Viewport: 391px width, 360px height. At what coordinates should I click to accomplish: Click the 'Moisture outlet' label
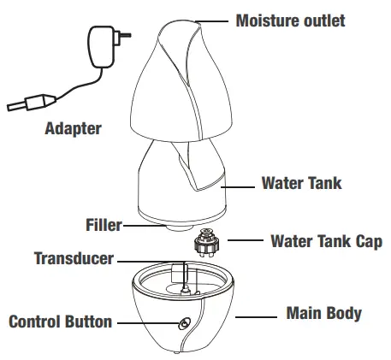pos(290,21)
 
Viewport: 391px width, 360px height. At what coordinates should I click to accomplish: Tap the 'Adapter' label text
pos(73,128)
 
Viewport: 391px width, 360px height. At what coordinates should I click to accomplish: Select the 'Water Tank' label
pos(301,183)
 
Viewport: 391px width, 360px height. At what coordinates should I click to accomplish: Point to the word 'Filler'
pos(104,225)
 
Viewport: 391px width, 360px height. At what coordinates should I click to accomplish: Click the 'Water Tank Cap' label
pos(326,241)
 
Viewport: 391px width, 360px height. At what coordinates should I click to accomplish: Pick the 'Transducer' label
pos(74,258)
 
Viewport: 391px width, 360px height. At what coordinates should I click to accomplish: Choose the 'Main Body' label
pos(324,313)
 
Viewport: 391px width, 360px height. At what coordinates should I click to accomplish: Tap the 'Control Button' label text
pos(61,322)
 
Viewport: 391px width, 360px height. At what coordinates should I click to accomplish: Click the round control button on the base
pos(185,324)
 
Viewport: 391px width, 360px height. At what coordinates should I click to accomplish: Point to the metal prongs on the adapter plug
pos(125,35)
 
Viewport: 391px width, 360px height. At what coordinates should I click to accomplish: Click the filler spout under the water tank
pos(179,227)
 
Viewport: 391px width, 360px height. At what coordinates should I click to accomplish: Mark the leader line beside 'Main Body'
pos(256,317)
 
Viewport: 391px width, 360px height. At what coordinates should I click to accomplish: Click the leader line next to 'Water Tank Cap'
pos(246,240)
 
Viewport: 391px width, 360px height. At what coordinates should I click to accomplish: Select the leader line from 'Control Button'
pos(148,323)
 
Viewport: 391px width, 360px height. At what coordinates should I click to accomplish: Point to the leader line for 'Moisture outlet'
pos(211,21)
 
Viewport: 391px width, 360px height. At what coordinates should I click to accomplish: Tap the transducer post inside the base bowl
pos(185,288)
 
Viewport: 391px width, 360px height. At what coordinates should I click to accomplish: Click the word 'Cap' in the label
pos(369,241)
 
